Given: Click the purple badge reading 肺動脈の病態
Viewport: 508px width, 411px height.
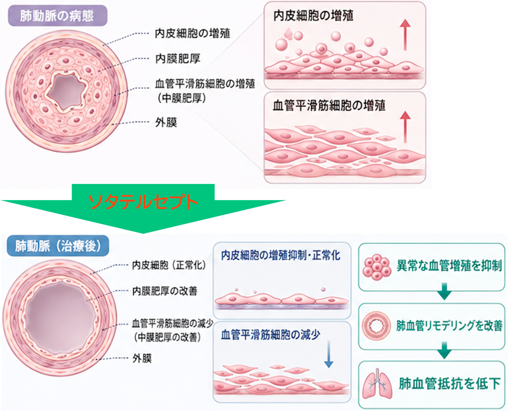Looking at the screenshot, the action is tap(58, 16).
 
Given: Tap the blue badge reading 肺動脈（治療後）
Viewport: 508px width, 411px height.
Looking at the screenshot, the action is tap(58, 246).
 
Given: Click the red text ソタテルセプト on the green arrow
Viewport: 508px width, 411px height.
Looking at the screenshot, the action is tap(143, 202).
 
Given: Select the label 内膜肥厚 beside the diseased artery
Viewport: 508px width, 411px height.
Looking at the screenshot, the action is tap(178, 59).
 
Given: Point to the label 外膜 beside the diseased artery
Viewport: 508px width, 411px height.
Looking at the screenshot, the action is tap(166, 123).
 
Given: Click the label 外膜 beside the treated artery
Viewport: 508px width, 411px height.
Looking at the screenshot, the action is tap(142, 358).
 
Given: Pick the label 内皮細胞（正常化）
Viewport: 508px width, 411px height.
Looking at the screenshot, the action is tap(169, 265).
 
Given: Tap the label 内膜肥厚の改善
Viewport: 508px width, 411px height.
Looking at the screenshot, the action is tap(165, 291).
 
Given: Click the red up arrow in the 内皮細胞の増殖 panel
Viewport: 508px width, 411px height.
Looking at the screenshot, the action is tap(405, 35).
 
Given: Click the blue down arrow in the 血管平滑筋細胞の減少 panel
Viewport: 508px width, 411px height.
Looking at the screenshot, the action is tap(329, 354).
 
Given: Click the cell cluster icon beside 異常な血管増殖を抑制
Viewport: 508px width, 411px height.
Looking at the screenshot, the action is tap(377, 267).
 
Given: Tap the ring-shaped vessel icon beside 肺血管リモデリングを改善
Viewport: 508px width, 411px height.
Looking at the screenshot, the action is tap(376, 325).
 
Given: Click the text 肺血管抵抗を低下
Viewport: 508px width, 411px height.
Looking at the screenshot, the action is tap(449, 384).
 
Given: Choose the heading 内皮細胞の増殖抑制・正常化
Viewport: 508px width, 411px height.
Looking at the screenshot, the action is tap(281, 255).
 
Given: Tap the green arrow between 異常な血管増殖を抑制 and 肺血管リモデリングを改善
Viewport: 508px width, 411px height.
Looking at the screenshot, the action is tap(444, 291).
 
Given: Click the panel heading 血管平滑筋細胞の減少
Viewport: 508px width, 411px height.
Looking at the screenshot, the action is tap(270, 335).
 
